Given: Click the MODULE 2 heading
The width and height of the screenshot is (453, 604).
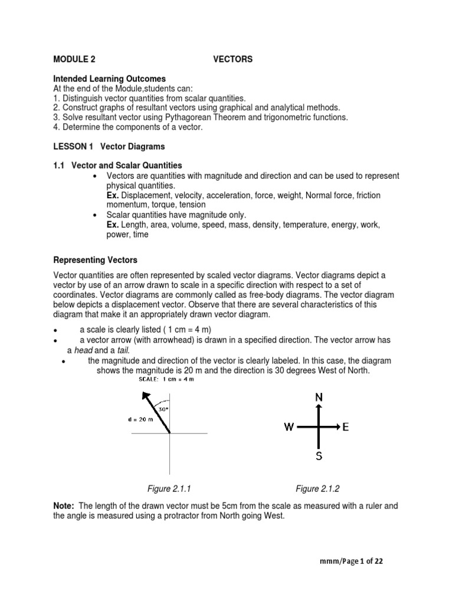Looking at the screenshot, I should coord(74,59).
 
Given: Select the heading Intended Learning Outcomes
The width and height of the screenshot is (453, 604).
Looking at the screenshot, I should coord(109,78).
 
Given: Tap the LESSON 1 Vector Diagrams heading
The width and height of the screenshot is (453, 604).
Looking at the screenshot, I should coord(109,146).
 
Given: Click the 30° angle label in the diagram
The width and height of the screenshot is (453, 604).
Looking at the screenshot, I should coord(162,408).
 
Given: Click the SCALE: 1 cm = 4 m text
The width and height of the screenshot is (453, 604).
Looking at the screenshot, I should coord(166,379).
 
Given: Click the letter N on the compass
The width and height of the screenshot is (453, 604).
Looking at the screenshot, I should coord(319,398).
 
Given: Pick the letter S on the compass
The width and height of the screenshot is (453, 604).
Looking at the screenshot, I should coord(319,455).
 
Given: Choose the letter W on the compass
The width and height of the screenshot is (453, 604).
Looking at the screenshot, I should coord(289,427).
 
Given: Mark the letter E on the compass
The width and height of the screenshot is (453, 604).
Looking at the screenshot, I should coord(346,427).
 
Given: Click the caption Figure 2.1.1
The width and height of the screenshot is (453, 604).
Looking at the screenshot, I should coord(169,488).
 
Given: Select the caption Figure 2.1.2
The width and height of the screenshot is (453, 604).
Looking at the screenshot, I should coord(317,488).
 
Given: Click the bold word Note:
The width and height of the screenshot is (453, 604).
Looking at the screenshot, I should coord(64,505).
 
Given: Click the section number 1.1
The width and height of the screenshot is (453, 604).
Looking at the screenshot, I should coord(60,165).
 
